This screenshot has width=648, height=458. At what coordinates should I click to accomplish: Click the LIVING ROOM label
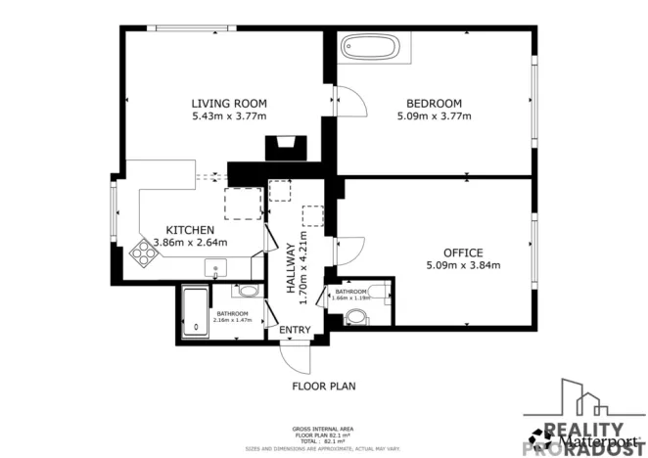tap(229, 103)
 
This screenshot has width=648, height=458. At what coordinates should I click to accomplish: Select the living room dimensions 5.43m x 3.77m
tap(229, 115)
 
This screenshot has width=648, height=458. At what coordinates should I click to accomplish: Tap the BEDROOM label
tap(435, 103)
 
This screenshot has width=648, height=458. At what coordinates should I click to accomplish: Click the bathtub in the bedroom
tap(370, 47)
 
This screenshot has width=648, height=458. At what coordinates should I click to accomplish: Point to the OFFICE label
tap(463, 252)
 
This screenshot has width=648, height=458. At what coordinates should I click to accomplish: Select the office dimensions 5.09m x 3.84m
tap(463, 265)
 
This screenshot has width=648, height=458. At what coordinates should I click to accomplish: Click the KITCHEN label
tap(190, 230)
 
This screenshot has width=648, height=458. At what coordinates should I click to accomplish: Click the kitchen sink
tap(216, 267)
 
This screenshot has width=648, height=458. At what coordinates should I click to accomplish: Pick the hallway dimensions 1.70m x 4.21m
tap(304, 267)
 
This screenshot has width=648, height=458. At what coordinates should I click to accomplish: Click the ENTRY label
tap(295, 330)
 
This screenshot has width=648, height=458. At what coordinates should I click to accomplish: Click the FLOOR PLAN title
tap(324, 387)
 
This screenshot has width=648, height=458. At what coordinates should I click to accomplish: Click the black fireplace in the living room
tap(285, 148)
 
